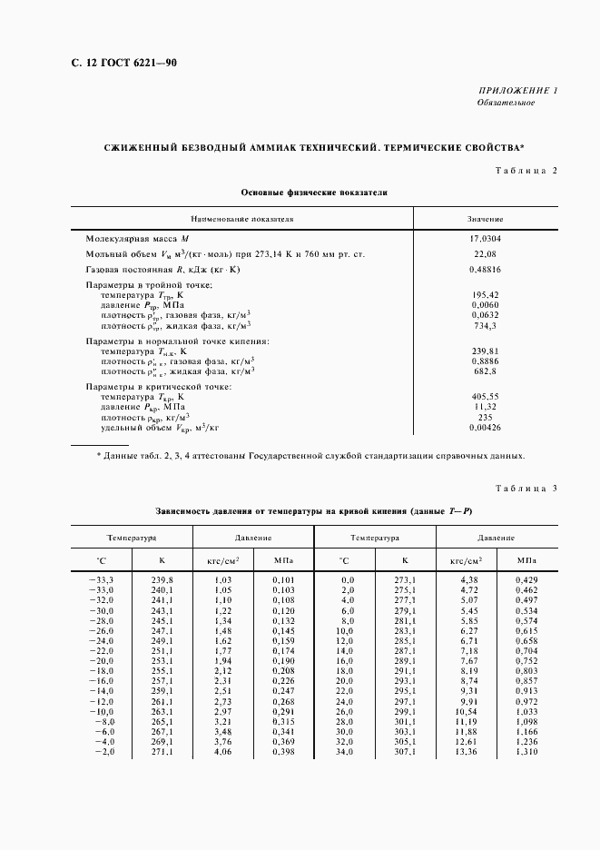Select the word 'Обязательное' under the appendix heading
506,103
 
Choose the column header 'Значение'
486,220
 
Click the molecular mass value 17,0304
486,239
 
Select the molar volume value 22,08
486,254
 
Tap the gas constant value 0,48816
486,270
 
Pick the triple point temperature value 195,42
486,295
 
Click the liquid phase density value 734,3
486,324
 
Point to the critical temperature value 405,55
486,396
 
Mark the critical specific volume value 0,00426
486,426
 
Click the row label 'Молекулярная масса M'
136,239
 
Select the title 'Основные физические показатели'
314,193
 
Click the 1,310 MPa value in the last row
526,751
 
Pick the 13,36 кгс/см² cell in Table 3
465,751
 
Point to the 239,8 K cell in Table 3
161,578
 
